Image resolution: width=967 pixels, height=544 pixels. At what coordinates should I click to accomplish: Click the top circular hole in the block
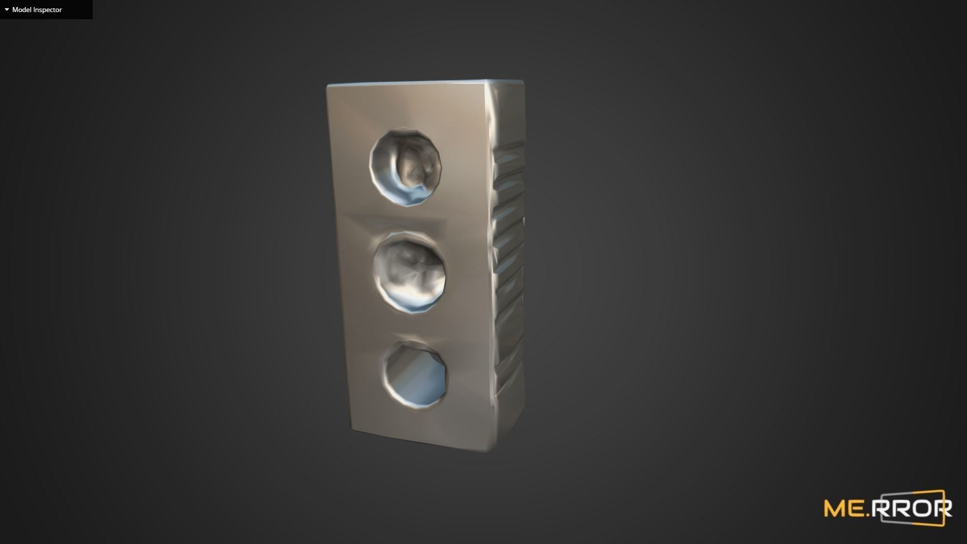click(x=405, y=168)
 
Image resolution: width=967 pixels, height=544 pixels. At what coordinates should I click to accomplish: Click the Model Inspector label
click(x=37, y=10)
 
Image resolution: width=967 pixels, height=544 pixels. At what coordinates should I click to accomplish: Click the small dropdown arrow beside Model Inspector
click(x=7, y=10)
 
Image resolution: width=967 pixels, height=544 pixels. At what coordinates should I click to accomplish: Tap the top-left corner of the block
click(x=327, y=86)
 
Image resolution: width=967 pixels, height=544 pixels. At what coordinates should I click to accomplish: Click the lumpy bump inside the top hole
click(x=416, y=166)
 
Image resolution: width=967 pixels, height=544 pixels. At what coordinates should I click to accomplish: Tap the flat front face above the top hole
click(x=403, y=108)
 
